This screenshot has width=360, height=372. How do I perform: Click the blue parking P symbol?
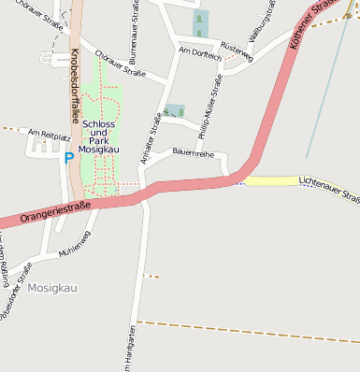click(68, 158)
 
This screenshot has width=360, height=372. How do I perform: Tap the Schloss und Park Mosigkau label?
click(98, 136)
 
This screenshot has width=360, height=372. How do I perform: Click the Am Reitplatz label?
click(50, 136)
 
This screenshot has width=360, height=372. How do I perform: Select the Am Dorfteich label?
click(199, 56)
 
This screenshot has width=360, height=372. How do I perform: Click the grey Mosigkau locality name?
click(52, 288)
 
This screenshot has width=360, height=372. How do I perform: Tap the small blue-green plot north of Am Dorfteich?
click(198, 22)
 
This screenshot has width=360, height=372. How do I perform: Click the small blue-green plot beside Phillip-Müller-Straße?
click(174, 111)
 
